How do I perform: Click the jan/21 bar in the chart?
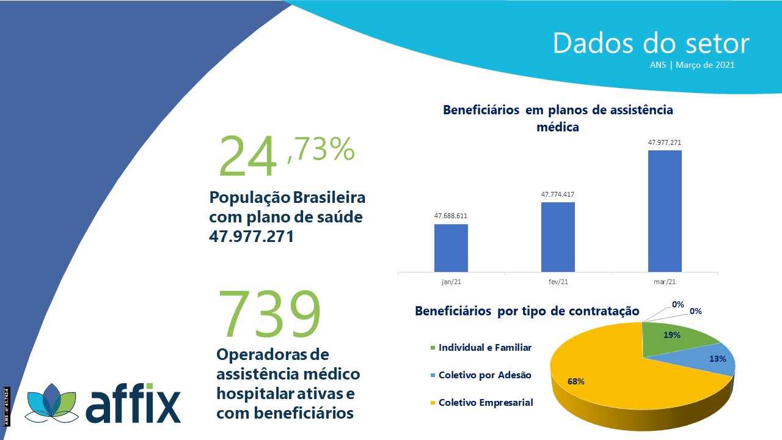pyautogui.click(x=451, y=248)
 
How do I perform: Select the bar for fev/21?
pyautogui.click(x=558, y=237)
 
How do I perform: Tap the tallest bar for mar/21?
pyautogui.click(x=665, y=211)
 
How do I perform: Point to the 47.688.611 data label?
pyautogui.click(x=451, y=216)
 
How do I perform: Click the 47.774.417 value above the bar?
pyautogui.click(x=558, y=194)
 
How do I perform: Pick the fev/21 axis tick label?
pyautogui.click(x=558, y=282)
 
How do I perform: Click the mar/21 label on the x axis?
pyautogui.click(x=665, y=282)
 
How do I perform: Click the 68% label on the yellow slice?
pyautogui.click(x=576, y=381)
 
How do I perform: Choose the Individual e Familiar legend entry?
pyautogui.click(x=481, y=348)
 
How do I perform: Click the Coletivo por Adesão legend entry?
pyautogui.click(x=481, y=375)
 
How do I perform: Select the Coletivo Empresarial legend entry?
pyautogui.click(x=482, y=403)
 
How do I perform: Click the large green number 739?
pyautogui.click(x=269, y=314)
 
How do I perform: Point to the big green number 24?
pyautogui.click(x=247, y=156)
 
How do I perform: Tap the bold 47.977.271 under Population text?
pyautogui.click(x=251, y=237)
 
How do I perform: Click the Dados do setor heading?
pyautogui.click(x=651, y=43)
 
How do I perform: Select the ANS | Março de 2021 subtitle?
pyautogui.click(x=692, y=65)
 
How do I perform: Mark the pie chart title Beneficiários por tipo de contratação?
pyautogui.click(x=527, y=311)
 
